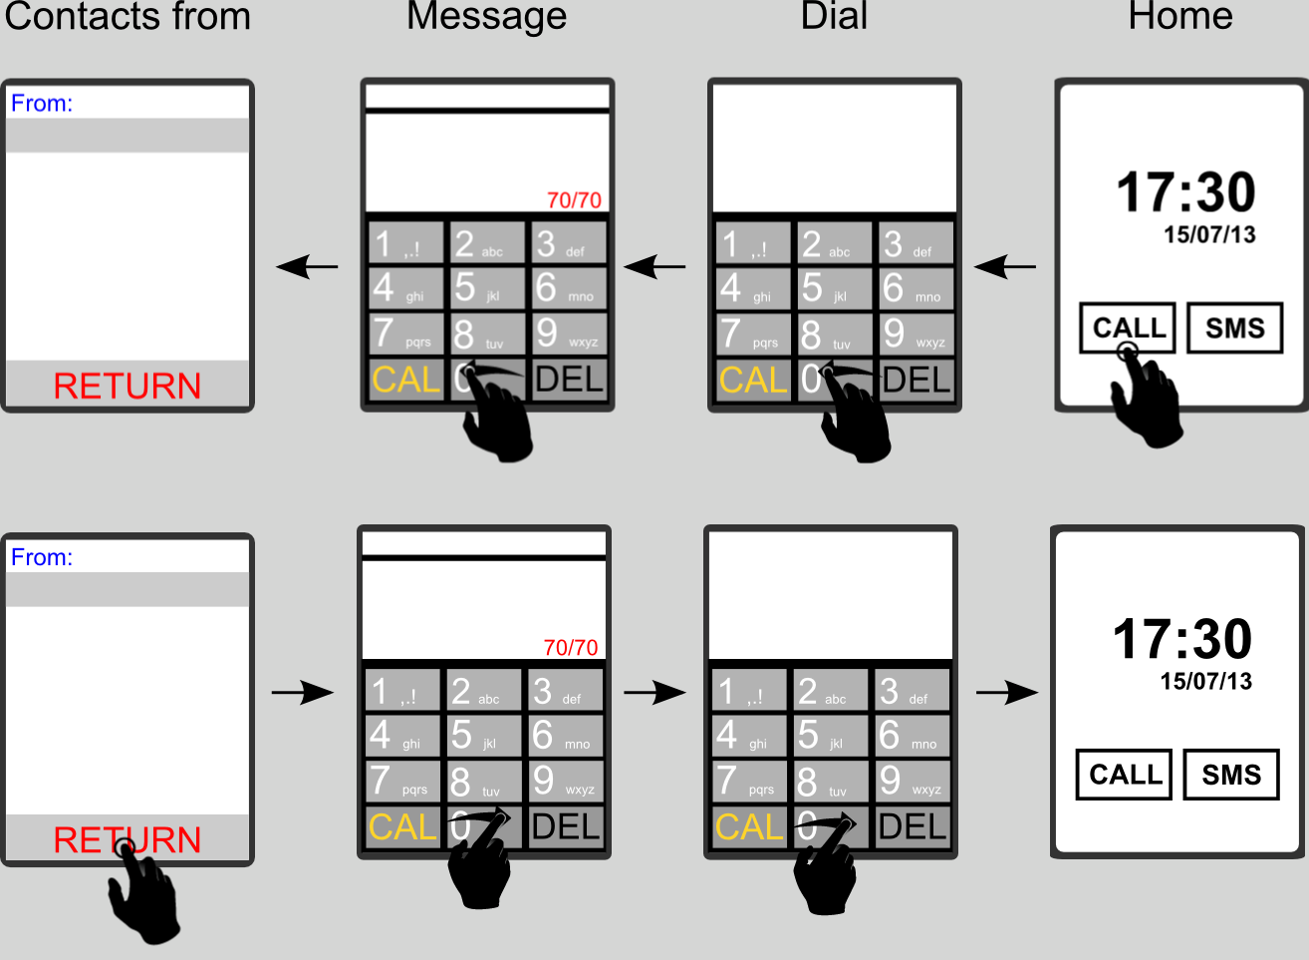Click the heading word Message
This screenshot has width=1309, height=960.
click(x=486, y=16)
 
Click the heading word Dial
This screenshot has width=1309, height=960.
click(x=834, y=16)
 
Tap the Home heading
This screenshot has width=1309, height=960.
click(x=1179, y=16)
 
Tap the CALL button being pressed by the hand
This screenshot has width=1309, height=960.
click(x=1128, y=328)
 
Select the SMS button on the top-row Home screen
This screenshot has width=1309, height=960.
click(x=1235, y=328)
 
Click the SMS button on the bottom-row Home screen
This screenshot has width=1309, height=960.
click(x=1231, y=775)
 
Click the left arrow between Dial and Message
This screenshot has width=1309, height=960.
click(x=654, y=267)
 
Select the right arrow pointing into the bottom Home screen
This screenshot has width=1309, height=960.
click(x=1007, y=692)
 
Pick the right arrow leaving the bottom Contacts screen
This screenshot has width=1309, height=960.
click(x=303, y=692)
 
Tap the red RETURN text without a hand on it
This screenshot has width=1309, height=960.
click(x=128, y=386)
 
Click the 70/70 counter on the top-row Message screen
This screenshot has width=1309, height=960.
click(x=574, y=200)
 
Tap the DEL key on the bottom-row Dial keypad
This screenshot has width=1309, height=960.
click(x=913, y=826)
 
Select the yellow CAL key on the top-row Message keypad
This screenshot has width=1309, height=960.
click(x=405, y=380)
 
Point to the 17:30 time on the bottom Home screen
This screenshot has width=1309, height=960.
click(x=1181, y=639)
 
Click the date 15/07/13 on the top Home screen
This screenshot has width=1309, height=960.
click(x=1209, y=235)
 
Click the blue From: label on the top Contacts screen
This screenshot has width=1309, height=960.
click(x=42, y=104)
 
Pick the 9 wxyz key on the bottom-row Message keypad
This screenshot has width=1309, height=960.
click(x=565, y=781)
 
